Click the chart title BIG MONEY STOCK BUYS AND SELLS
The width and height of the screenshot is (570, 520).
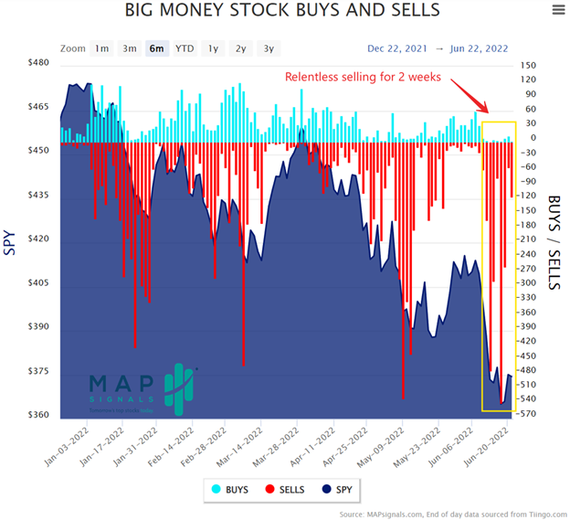(x=282, y=11)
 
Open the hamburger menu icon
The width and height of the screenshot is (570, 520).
(x=558, y=11)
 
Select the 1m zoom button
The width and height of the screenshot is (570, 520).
(x=101, y=48)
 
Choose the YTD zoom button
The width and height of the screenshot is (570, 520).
(x=185, y=48)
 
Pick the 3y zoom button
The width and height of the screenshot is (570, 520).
(x=269, y=48)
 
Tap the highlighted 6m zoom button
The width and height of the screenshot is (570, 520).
(x=157, y=48)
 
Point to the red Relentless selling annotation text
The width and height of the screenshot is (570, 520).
(x=364, y=78)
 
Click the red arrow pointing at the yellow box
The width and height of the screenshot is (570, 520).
(x=467, y=95)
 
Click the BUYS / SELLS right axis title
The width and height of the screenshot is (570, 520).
(x=554, y=242)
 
